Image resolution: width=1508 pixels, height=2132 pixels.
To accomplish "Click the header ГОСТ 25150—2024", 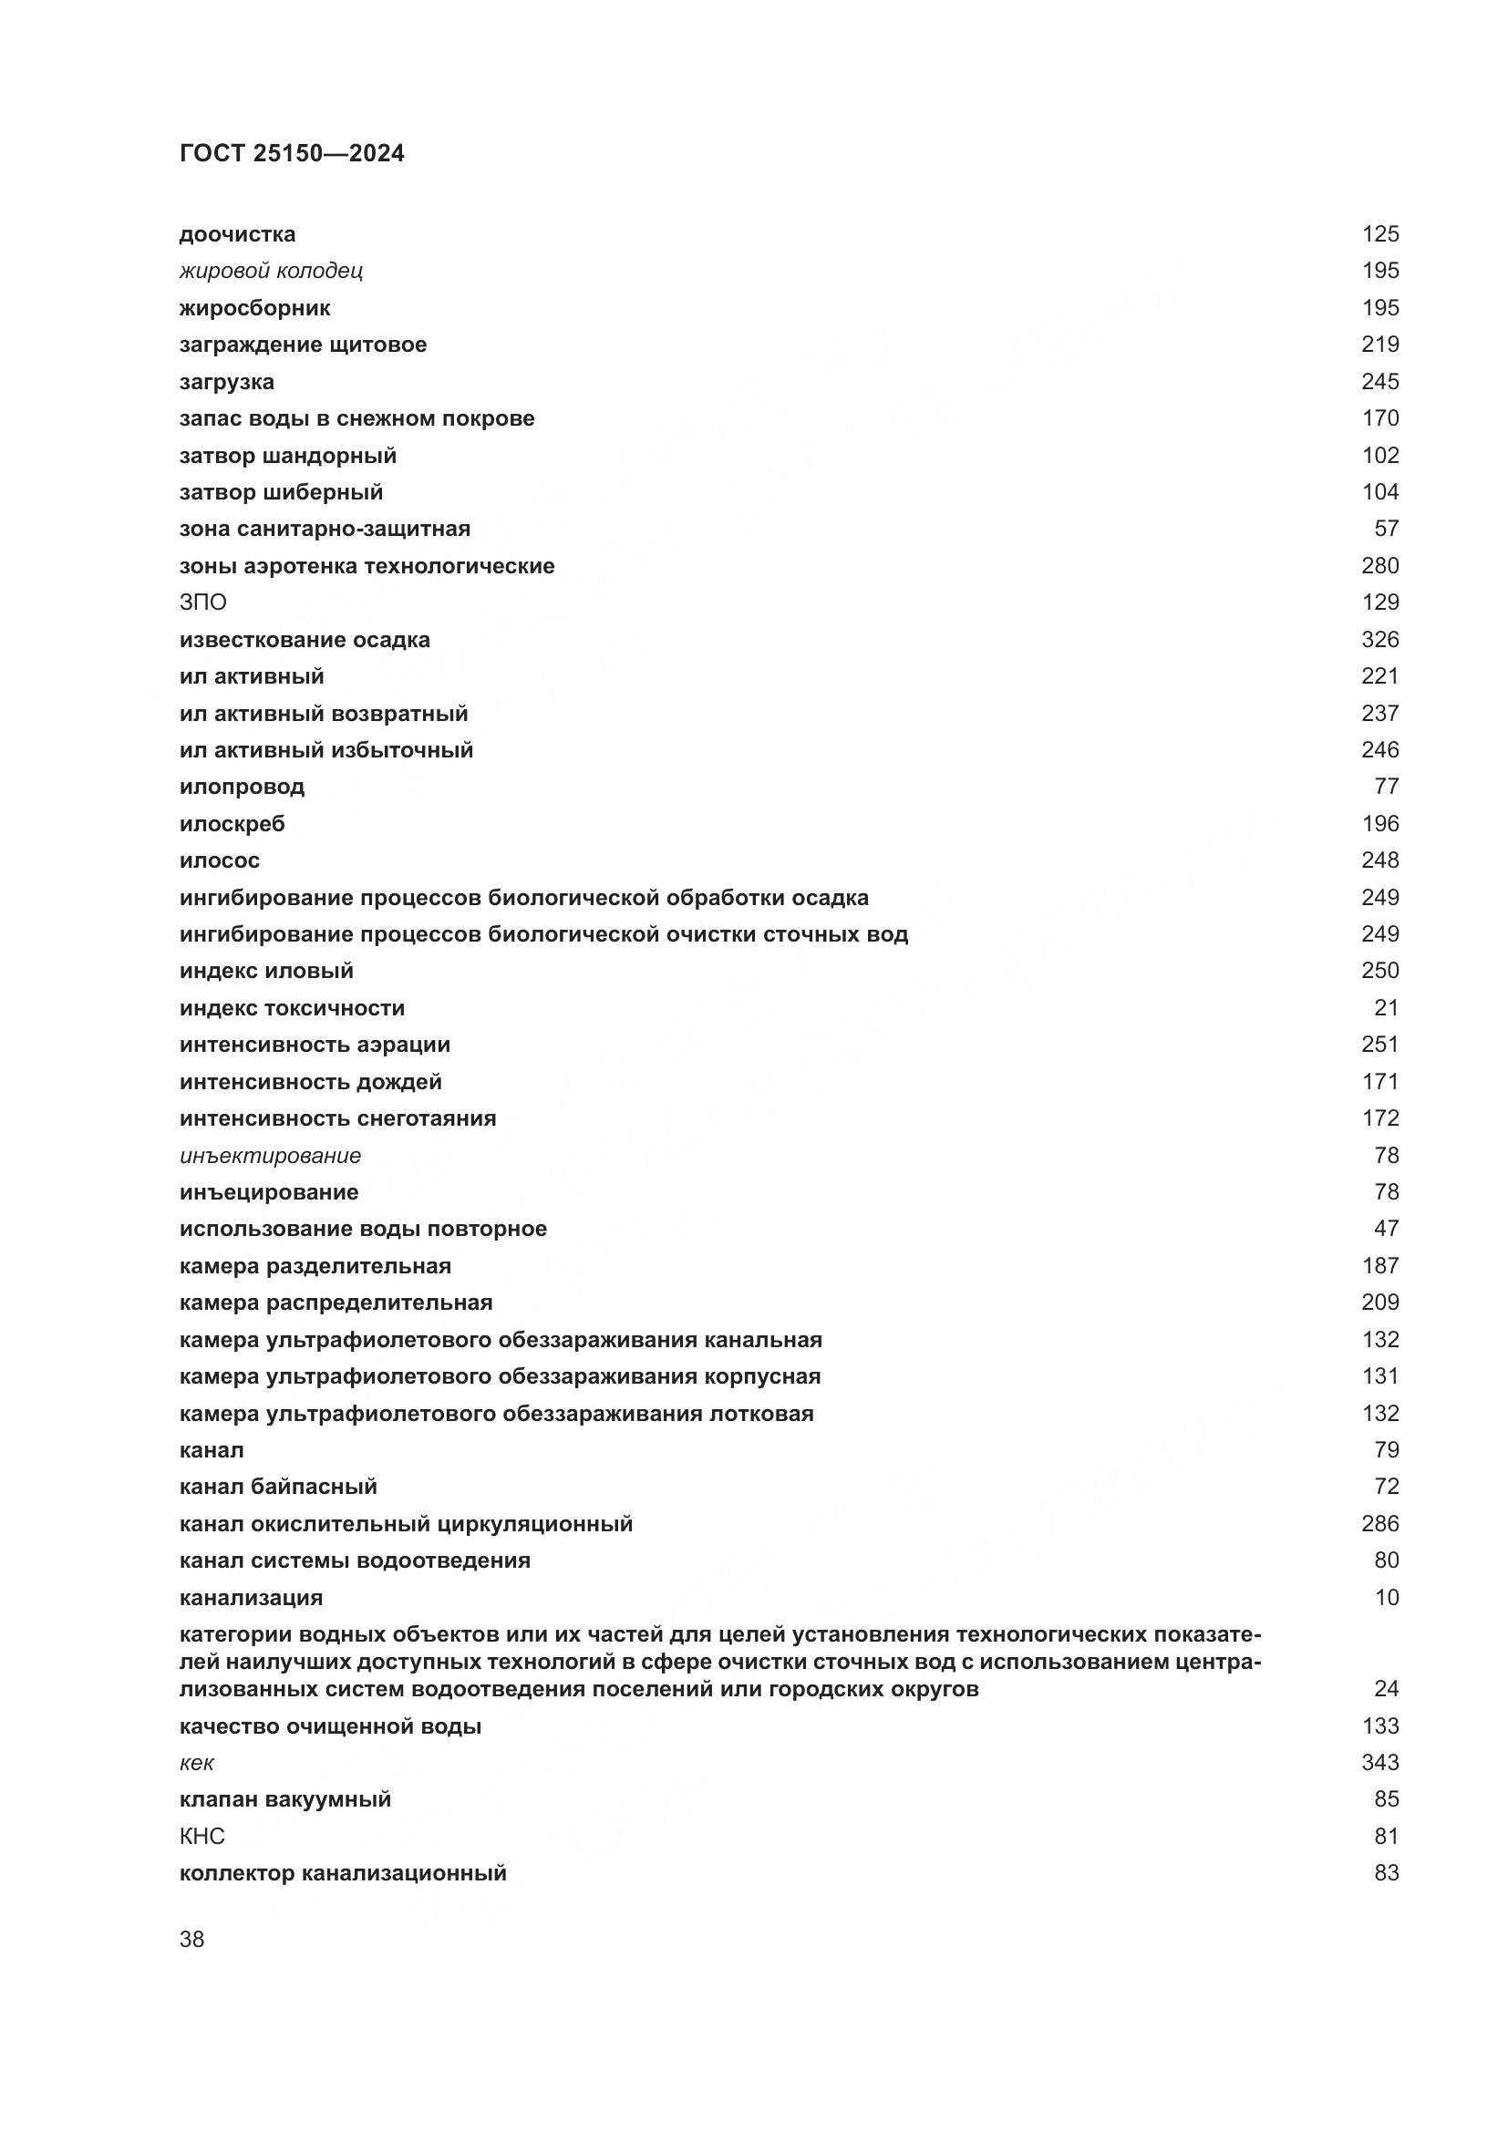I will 292,153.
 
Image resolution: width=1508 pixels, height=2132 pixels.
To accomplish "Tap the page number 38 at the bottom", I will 191,1940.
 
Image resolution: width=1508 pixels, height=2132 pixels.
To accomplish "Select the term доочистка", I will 237,234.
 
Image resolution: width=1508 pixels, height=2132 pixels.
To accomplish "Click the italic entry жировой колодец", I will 270,271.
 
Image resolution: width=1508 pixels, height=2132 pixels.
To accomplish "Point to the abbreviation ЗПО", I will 202,603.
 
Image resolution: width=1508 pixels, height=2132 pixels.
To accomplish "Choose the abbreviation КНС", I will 201,1836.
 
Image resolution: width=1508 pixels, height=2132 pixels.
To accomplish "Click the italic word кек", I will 196,1763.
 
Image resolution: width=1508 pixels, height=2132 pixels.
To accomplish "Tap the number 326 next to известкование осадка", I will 1379,640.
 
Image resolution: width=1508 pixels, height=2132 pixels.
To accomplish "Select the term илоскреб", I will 232,824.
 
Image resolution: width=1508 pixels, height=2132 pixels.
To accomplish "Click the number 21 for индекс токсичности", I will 1387,1007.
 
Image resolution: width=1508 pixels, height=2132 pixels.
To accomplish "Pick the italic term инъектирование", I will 269,1155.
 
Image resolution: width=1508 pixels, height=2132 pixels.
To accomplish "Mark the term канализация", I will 251,1597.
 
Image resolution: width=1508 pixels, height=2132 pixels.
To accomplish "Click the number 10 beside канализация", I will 1387,1597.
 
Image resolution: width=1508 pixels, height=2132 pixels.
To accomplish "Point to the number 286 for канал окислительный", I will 1379,1524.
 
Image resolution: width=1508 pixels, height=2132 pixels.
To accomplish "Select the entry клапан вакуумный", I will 285,1798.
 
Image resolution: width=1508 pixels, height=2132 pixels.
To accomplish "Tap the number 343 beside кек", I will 1379,1763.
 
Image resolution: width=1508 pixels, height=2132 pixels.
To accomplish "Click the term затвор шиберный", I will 281,492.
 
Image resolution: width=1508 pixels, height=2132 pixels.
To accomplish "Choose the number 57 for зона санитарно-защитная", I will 1387,529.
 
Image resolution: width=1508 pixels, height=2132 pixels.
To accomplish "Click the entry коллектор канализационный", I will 343,1872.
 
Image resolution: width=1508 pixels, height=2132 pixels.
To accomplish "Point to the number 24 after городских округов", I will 1387,1688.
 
